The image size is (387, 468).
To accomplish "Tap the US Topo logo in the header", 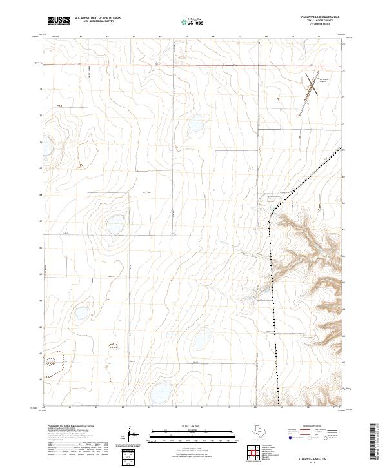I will (x=186, y=21).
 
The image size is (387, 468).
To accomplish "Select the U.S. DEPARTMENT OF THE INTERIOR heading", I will (x=97, y=18).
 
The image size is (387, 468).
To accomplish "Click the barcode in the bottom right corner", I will (x=375, y=442).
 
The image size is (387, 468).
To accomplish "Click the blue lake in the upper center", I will (x=194, y=123).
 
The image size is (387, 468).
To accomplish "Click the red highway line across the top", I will (x=193, y=65).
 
